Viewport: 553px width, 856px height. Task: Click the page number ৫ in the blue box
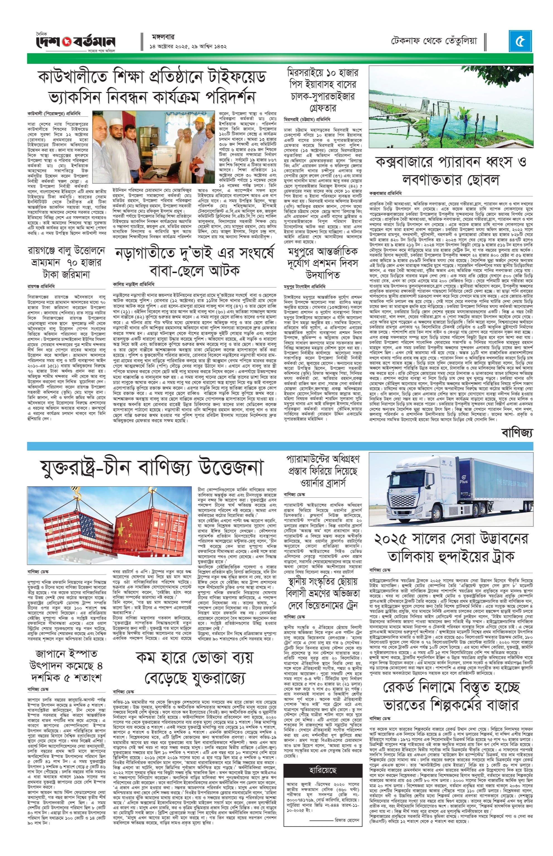pyautogui.click(x=520, y=41)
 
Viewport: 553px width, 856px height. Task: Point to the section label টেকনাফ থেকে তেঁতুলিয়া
pyautogui.click(x=434, y=41)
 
